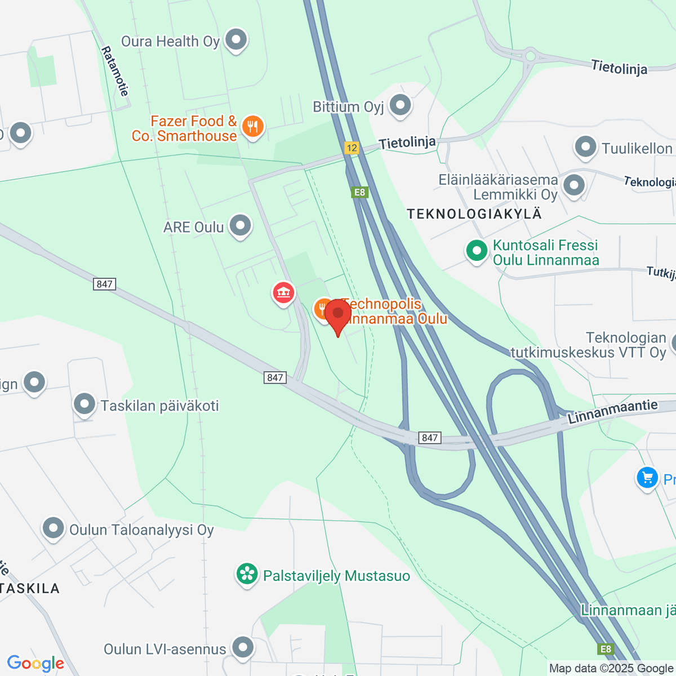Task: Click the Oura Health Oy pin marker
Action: click(236, 41)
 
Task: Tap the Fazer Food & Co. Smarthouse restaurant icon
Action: click(253, 127)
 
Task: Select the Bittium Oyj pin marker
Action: click(401, 105)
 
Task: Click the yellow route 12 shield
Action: click(352, 148)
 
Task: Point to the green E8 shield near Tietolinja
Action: click(359, 192)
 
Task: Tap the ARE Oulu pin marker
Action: click(241, 226)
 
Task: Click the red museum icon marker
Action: click(283, 293)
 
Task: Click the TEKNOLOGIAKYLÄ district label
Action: click(474, 214)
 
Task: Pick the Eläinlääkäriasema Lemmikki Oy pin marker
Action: click(574, 185)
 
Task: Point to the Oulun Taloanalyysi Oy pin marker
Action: click(54, 529)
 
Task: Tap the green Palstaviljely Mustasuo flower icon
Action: click(247, 575)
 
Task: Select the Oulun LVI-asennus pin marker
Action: click(243, 648)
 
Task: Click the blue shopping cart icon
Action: click(647, 478)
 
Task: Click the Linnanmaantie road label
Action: click(612, 412)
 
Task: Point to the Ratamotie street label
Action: click(115, 72)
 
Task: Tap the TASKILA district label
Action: click(30, 589)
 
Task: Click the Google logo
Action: click(35, 664)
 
